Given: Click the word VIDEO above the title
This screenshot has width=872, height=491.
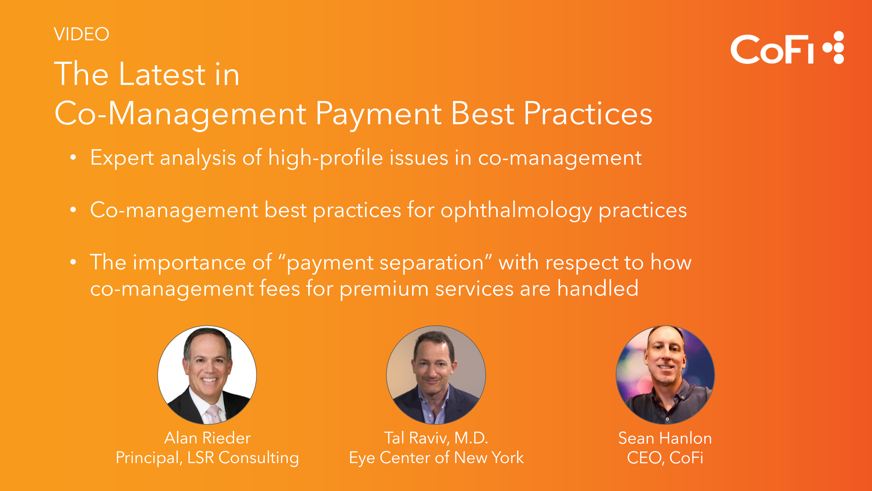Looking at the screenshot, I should [x=81, y=34].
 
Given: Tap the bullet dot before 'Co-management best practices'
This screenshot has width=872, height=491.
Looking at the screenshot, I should [x=73, y=210].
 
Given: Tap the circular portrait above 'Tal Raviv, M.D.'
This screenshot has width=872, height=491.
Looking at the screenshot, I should [x=436, y=375].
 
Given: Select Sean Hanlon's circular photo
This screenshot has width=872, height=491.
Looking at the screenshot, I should [x=665, y=375].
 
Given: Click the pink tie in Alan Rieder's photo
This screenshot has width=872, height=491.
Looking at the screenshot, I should [x=214, y=414].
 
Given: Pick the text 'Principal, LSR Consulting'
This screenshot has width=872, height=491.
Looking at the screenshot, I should [x=207, y=458].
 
